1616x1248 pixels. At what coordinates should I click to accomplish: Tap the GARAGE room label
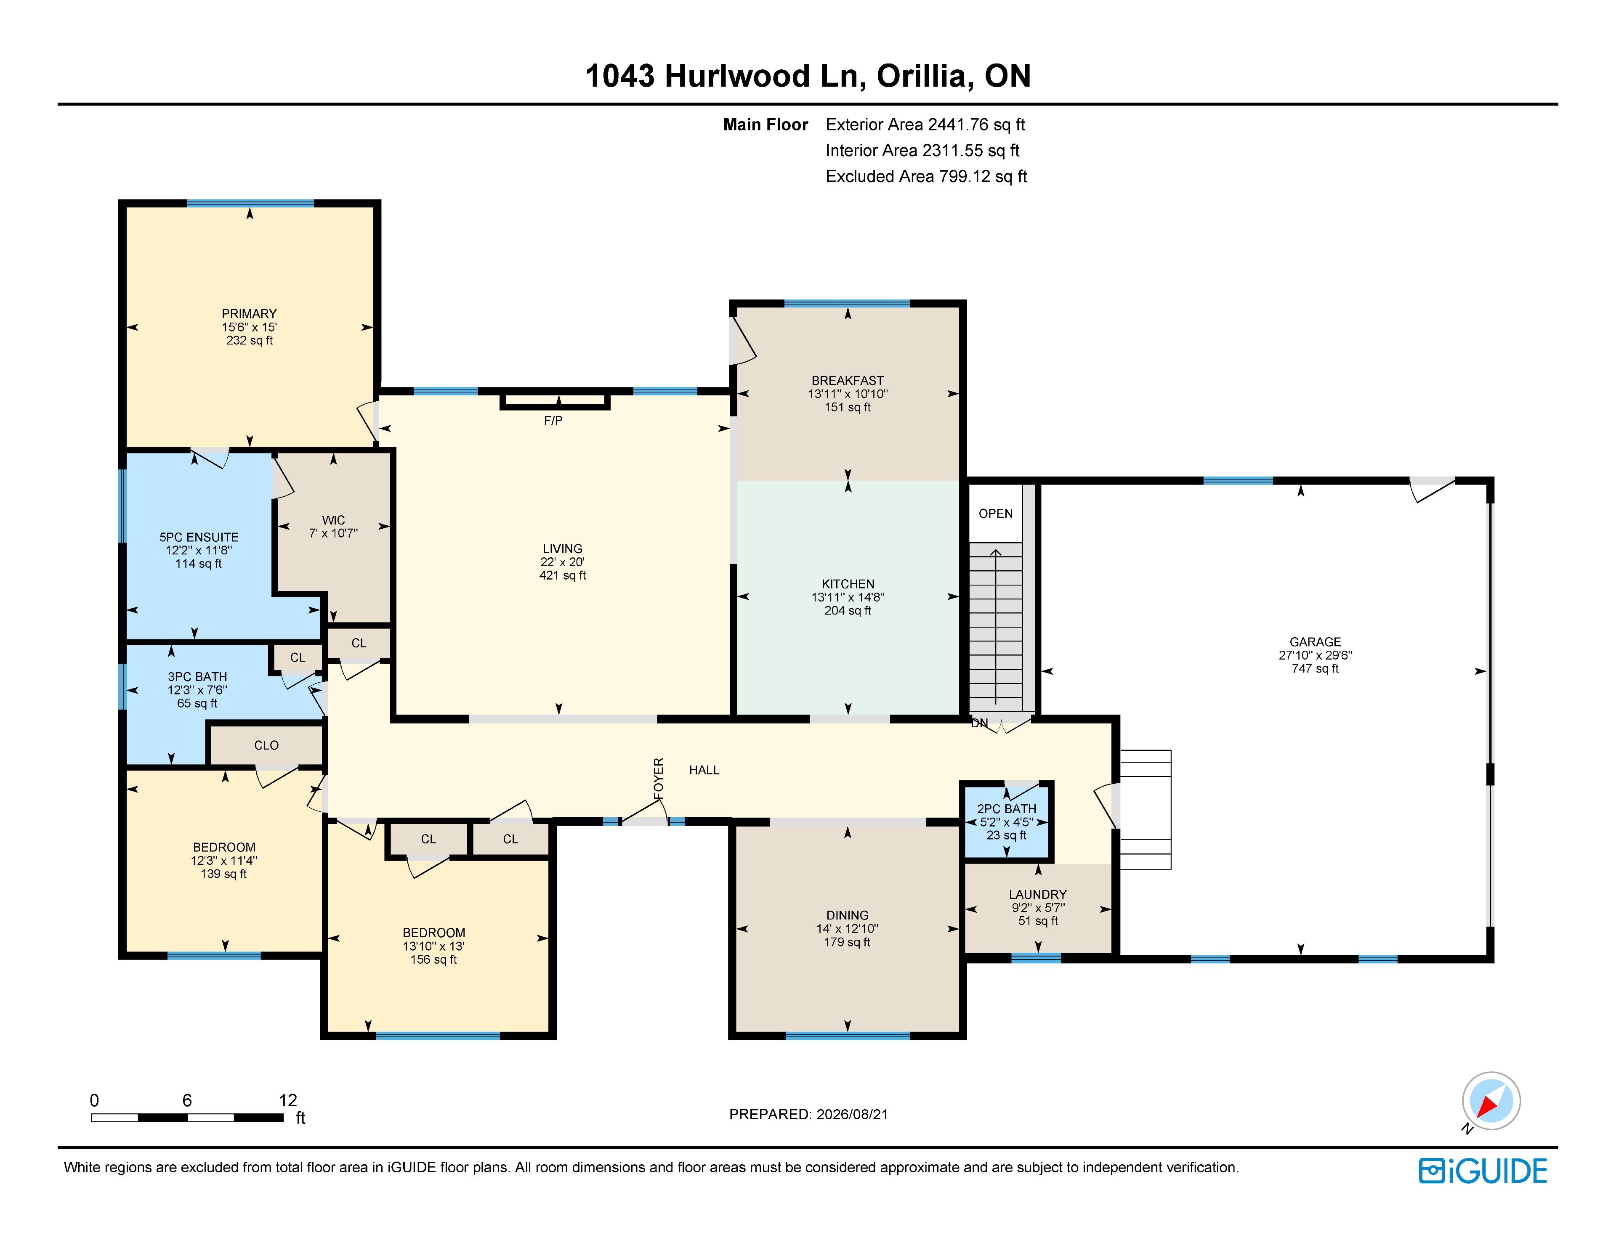1315,641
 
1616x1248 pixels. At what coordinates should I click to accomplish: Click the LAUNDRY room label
1037,894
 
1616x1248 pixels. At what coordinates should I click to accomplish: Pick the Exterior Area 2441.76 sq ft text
925,124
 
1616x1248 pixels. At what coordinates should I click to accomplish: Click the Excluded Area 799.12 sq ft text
926,176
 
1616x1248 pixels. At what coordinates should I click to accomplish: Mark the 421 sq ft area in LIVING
562,575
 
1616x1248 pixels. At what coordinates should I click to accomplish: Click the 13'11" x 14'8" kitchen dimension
848,597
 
